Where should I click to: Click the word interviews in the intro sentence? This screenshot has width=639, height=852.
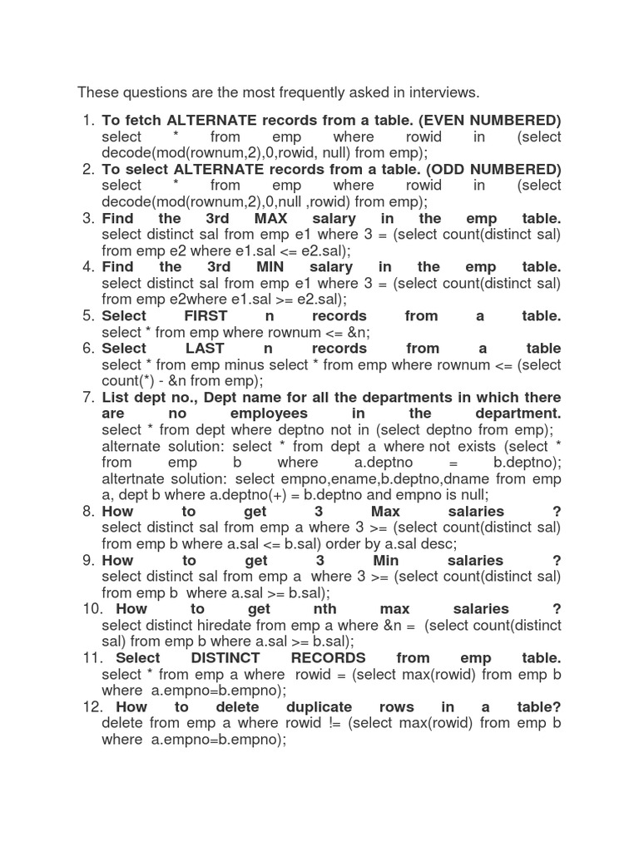[445, 92]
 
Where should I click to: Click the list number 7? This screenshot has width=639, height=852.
[88, 397]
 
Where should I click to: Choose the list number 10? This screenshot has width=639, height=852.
[92, 609]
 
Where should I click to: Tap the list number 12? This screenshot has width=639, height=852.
[92, 706]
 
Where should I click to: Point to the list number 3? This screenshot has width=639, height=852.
[88, 218]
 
